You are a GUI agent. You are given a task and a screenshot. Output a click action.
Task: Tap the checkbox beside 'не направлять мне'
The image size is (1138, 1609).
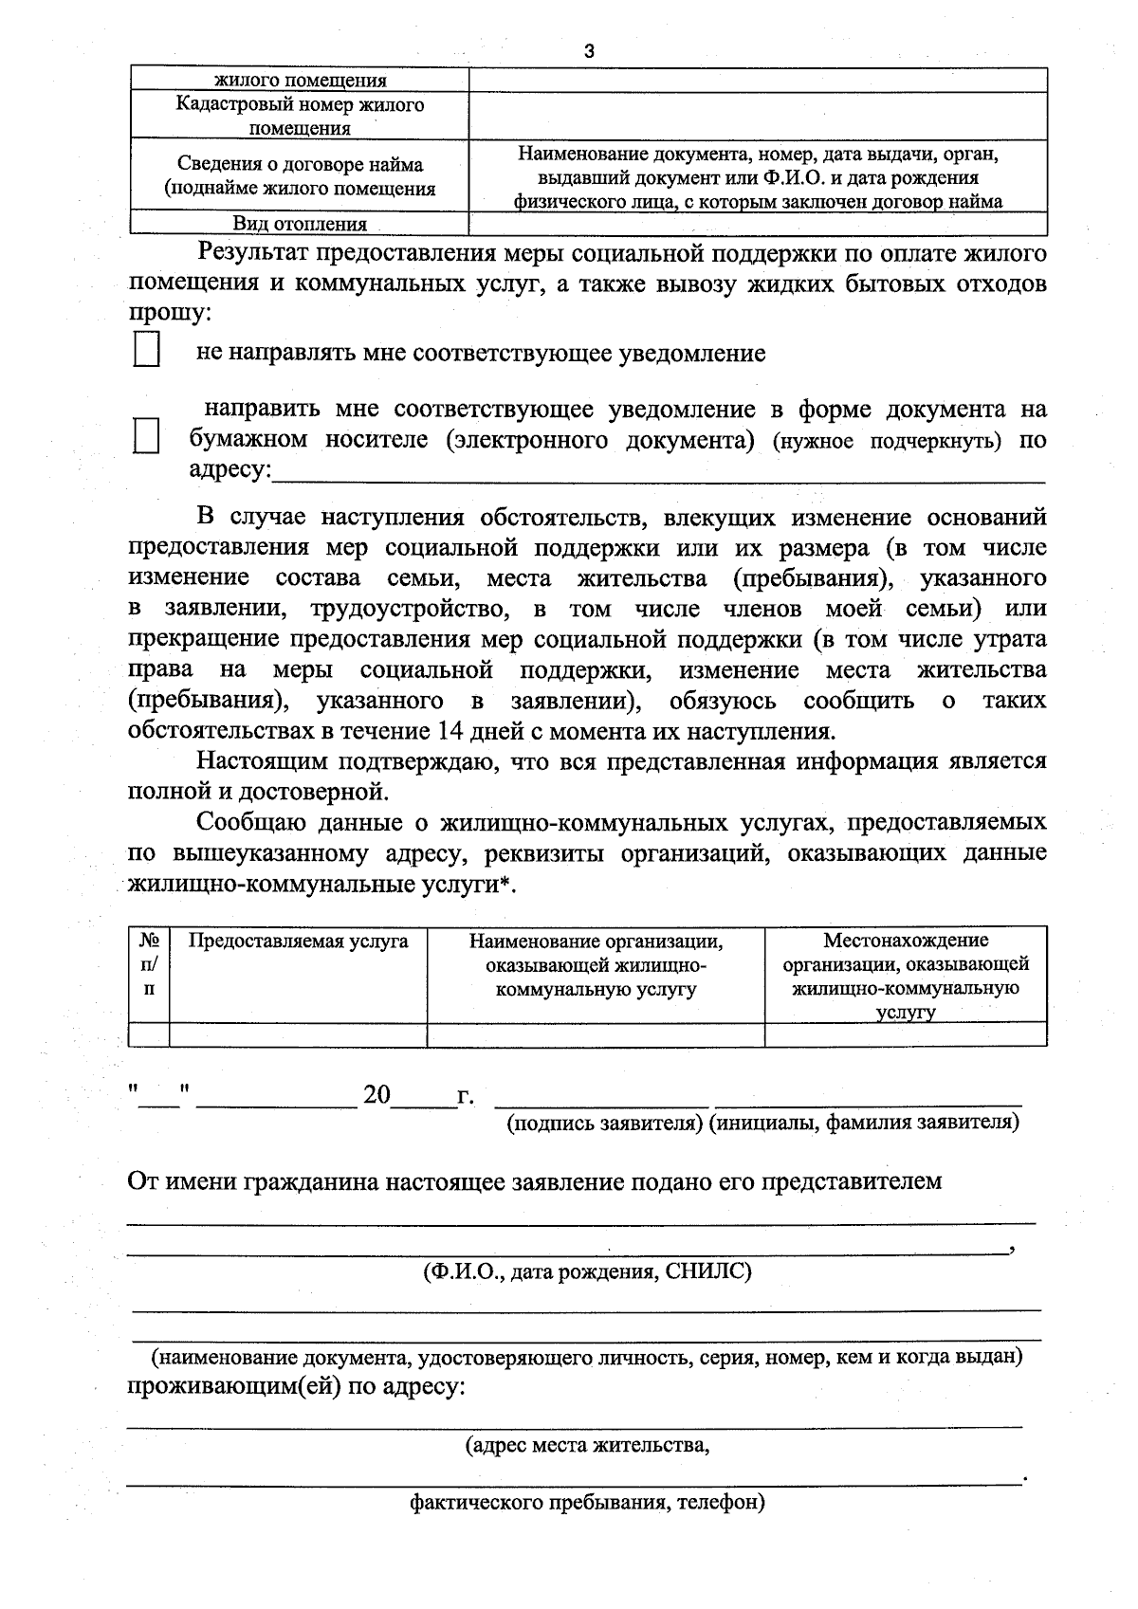[146, 349]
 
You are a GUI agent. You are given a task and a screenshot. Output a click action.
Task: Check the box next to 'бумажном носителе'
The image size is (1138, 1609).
[146, 437]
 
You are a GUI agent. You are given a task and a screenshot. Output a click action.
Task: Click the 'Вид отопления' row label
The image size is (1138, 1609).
[300, 225]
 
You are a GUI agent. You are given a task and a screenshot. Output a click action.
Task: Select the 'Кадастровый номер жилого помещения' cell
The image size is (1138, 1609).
[300, 116]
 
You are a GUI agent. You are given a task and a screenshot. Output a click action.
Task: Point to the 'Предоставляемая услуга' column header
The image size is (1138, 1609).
[299, 942]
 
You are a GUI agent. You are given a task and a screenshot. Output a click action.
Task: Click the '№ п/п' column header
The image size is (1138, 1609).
[149, 963]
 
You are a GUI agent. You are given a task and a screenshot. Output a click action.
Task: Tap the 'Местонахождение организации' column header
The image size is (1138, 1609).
[906, 975]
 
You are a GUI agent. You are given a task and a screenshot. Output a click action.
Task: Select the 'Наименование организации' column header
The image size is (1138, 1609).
[596, 965]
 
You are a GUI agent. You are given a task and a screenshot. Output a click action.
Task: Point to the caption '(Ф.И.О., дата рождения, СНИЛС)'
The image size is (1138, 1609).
[587, 1271]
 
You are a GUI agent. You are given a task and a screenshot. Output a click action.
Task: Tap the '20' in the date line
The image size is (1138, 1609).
[376, 1095]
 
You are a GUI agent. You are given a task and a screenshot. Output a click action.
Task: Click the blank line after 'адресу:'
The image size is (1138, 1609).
[658, 473]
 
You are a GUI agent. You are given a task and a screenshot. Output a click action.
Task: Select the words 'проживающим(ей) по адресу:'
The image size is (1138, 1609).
[296, 1387]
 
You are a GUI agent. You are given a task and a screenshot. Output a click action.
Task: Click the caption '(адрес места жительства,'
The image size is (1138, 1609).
[587, 1446]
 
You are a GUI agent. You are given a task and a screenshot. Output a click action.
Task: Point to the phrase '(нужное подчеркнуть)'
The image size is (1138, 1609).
[887, 442]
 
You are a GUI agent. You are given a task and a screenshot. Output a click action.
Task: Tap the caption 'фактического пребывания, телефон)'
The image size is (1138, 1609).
[587, 1503]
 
